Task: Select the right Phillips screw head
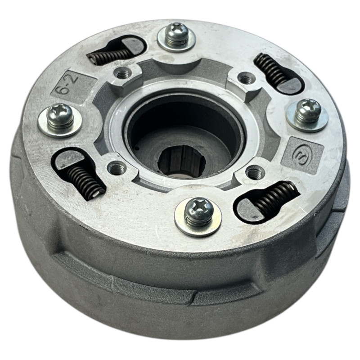tap(308, 110)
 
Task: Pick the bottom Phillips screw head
tap(198, 211)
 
